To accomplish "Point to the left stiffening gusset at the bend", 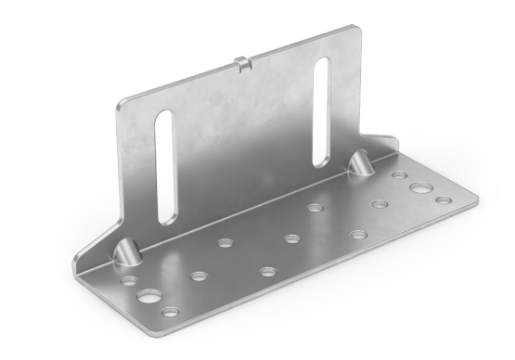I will [x=125, y=252].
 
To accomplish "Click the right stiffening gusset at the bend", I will [x=360, y=165].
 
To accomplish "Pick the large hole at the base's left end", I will [x=148, y=298].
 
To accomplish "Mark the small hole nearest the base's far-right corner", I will [x=444, y=199].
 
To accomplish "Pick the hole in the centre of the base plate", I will [x=291, y=238].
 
